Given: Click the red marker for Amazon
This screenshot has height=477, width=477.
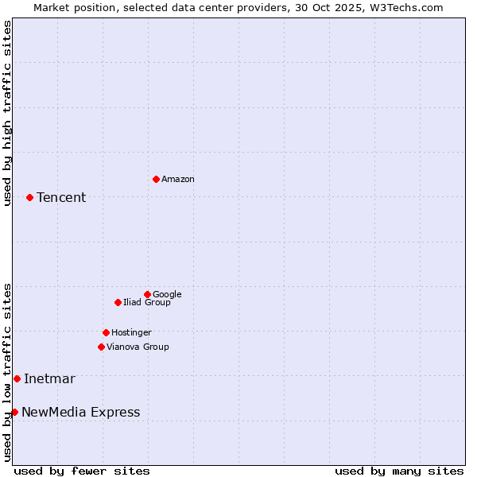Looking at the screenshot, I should [156, 179].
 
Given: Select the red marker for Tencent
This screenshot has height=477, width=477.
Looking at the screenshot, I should [29, 197].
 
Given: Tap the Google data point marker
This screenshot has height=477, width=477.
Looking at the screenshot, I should [147, 294].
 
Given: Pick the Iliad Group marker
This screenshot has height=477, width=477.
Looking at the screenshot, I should [118, 302].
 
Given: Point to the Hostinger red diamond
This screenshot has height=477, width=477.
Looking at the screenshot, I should [106, 332].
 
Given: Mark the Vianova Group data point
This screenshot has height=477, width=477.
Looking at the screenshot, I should [101, 347].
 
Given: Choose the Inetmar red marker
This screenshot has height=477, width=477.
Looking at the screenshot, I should [17, 378].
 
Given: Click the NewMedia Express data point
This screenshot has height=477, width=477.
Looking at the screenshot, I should [14, 412].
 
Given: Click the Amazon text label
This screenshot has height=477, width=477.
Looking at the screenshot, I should [178, 180].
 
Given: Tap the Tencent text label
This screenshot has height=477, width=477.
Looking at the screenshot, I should [61, 198].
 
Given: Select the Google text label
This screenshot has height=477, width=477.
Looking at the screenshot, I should [167, 295].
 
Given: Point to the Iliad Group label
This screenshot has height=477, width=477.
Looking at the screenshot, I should [147, 303].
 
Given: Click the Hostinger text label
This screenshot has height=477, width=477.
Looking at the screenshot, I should [131, 333].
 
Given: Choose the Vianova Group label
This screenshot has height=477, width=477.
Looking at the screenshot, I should [138, 347].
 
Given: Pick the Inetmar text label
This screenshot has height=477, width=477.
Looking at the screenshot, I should [49, 379].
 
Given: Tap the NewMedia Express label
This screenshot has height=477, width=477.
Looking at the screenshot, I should [80, 413].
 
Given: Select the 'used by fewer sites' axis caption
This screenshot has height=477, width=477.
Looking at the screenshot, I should [82, 471].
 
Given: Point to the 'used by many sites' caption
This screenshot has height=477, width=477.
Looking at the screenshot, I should [399, 471].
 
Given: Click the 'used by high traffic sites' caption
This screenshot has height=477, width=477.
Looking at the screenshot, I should [7, 113].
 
